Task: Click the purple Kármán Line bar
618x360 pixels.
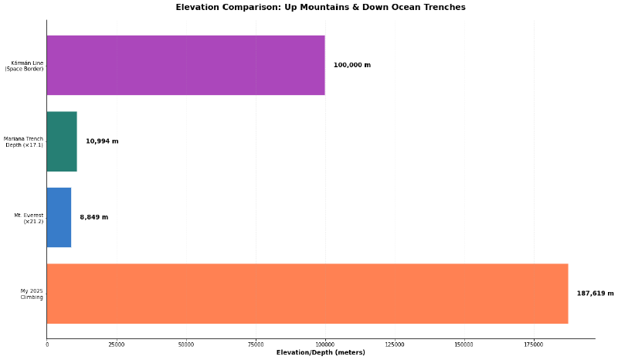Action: [x=185, y=65]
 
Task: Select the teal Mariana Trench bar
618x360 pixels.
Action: [x=62, y=141]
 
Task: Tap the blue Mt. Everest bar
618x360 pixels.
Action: [x=59, y=217]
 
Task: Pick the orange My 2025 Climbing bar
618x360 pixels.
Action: [x=307, y=294]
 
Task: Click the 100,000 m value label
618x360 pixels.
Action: [x=351, y=65]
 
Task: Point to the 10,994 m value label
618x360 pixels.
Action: [x=102, y=141]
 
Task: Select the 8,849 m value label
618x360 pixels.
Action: [x=93, y=217]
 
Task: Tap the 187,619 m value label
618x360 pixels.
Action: [x=595, y=294]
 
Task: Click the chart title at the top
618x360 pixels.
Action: [x=321, y=8]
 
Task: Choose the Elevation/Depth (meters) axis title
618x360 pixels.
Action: [x=321, y=353]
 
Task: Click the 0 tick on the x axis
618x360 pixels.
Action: [x=47, y=345]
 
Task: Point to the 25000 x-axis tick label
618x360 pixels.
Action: [x=117, y=345]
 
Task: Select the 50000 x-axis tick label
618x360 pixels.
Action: [x=186, y=345]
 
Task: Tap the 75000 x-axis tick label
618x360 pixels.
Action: [x=256, y=345]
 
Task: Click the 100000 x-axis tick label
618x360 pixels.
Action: [x=325, y=345]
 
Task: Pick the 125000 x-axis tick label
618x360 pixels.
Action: [x=395, y=345]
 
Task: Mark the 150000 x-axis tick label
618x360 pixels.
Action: [x=464, y=345]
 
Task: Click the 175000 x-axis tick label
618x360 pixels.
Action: [x=534, y=345]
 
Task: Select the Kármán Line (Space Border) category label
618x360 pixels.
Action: [x=24, y=66]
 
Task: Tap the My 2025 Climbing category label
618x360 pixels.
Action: [x=32, y=294]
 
